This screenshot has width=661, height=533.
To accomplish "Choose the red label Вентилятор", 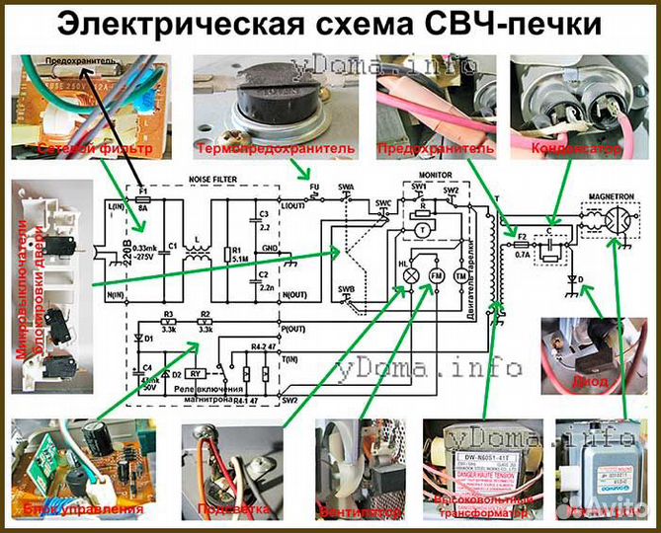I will [x=361, y=513].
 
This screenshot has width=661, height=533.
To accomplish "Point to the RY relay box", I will [x=196, y=375].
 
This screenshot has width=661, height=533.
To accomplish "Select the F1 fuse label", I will [x=142, y=189].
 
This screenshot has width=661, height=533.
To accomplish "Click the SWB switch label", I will [x=347, y=289].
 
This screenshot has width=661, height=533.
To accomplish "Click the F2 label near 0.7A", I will [x=521, y=237].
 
